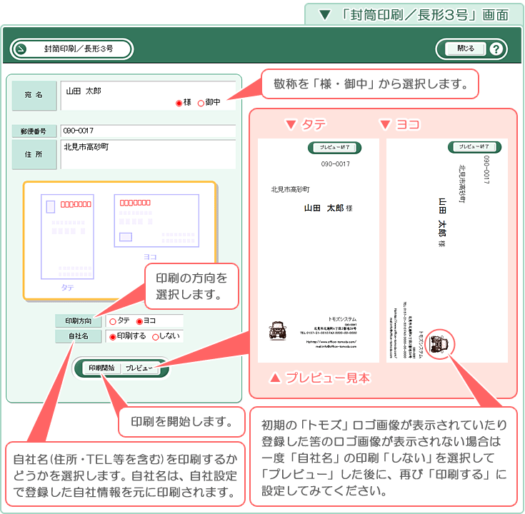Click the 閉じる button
(464, 49)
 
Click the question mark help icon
(496, 49)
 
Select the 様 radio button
(179, 103)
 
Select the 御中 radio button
(201, 103)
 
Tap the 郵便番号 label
(34, 131)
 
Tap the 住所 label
(34, 154)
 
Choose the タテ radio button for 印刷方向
(113, 321)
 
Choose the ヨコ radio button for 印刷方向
(139, 321)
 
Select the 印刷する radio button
(112, 336)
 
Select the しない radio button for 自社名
(155, 336)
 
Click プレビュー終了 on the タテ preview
(329, 147)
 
